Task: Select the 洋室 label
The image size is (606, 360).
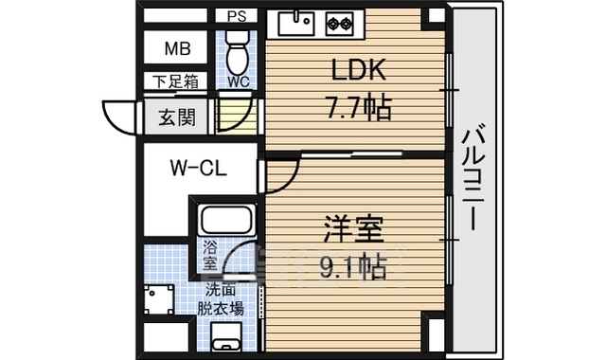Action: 348,231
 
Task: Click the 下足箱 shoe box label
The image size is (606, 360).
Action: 176,82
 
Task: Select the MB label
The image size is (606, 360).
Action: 177,49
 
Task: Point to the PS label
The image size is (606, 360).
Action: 236,16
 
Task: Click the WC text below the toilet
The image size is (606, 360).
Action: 239,82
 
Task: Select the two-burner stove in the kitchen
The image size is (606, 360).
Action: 339,21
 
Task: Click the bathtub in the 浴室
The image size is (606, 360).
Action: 225,222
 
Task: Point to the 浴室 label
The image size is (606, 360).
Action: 209,255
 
